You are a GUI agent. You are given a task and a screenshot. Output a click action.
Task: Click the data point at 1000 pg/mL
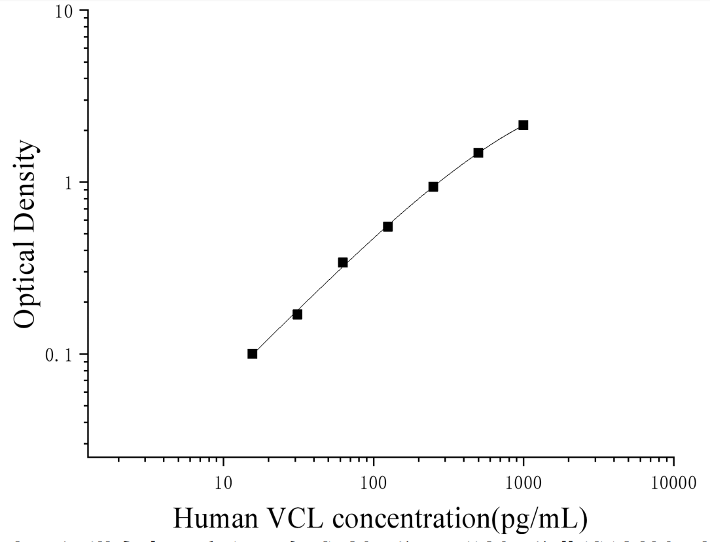(x=523, y=125)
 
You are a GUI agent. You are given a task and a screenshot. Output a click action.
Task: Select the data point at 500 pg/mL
(x=478, y=152)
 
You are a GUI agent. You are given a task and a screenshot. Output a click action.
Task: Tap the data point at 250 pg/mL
(x=433, y=186)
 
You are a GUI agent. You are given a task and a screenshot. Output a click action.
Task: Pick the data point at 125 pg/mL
(x=387, y=226)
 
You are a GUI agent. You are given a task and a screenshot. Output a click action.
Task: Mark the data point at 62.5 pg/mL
(x=342, y=262)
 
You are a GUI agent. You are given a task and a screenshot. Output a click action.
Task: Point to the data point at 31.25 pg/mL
(x=297, y=314)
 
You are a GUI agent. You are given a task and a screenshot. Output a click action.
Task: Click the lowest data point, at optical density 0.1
(x=252, y=354)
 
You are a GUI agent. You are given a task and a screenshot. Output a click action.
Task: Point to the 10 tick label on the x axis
(x=224, y=483)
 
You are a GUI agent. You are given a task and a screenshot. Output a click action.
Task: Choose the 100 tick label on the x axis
(x=374, y=483)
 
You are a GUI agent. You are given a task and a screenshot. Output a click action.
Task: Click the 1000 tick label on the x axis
(x=524, y=483)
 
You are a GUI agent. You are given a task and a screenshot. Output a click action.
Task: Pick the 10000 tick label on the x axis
(x=673, y=483)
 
